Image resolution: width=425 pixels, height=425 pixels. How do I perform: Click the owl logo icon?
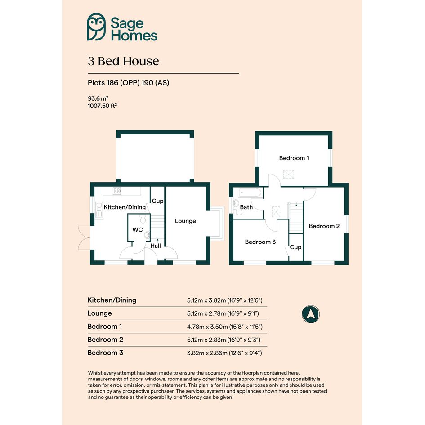click(x=96, y=27)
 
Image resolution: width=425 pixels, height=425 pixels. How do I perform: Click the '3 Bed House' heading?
click(x=123, y=61)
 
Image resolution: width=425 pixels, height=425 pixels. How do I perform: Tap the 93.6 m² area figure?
click(x=98, y=98)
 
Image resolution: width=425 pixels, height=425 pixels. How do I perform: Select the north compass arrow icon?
click(x=311, y=314)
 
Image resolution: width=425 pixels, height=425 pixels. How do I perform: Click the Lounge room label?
click(x=185, y=221)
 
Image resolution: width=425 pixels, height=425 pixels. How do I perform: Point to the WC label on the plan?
click(x=138, y=229)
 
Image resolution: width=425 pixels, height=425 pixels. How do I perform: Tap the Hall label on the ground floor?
click(x=156, y=246)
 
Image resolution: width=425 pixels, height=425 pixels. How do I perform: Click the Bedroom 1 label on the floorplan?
click(x=294, y=158)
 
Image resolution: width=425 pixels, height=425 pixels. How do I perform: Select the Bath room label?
click(x=246, y=207)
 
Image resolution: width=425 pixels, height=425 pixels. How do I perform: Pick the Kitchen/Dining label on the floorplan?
click(x=125, y=207)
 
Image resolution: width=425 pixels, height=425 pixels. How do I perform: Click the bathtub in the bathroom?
click(x=250, y=193)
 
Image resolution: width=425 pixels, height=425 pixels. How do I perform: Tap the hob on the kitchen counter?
click(x=117, y=191)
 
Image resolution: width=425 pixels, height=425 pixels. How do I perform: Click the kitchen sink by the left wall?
click(x=99, y=210)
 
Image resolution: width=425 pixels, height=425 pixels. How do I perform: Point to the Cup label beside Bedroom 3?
click(x=295, y=247)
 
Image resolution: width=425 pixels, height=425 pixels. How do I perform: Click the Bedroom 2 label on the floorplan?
click(x=324, y=226)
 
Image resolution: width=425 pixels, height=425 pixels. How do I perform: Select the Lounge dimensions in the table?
click(x=223, y=313)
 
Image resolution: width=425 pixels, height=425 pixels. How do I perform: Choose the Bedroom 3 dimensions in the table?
click(x=224, y=353)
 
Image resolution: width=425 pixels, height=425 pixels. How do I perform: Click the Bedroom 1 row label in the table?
click(x=105, y=327)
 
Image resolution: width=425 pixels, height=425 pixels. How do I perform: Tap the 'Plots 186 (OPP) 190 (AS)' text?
click(x=129, y=83)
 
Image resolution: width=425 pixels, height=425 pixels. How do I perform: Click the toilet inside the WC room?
click(x=143, y=219)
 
